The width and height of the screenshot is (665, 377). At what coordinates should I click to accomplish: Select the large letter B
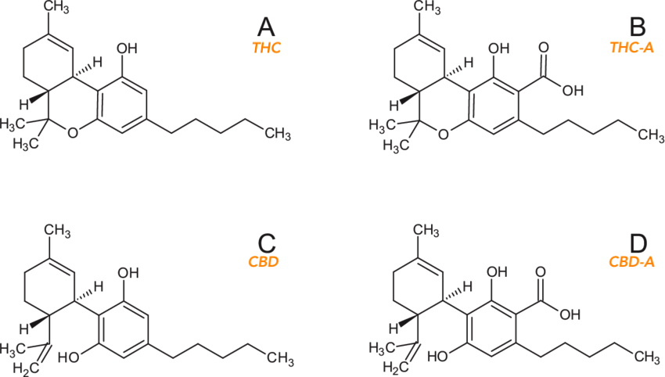click(638, 29)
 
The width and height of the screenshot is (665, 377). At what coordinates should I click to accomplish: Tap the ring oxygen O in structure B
click(443, 134)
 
